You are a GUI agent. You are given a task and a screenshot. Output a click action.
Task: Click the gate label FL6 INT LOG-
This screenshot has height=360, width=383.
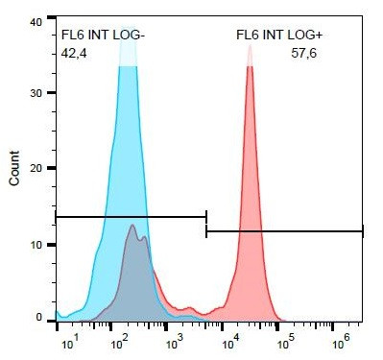pos(103,36)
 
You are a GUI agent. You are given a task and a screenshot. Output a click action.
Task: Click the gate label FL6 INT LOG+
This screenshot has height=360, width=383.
pos(278,36)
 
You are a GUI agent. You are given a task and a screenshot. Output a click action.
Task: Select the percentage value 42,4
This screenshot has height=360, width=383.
pos(74,55)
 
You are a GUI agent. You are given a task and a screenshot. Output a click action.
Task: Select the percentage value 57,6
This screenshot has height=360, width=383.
pos(303,55)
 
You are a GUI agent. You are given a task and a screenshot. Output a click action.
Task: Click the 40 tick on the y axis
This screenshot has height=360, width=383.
pos(36,20)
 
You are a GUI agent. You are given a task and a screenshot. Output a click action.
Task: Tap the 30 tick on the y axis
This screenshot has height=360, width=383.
pos(36,94)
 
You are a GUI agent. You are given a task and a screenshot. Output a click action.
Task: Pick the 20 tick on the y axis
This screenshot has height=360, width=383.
pos(36,168)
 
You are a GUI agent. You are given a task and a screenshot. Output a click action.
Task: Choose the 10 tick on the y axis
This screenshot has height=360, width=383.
pos(36,244)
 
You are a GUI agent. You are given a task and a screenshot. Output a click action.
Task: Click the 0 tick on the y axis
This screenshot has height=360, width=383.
pos(39,317)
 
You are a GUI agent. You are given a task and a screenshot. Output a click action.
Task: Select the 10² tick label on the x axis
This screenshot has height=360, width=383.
pos(120,341)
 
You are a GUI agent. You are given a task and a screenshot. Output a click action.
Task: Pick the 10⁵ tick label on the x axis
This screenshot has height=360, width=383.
pos(285,341)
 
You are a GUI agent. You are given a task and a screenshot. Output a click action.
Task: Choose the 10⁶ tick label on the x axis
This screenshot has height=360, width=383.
pos(340,341)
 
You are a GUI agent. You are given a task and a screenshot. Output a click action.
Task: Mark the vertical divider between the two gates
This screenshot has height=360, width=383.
pos(206,224)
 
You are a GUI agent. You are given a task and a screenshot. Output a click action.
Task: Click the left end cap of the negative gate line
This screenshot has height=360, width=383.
pos(57,217)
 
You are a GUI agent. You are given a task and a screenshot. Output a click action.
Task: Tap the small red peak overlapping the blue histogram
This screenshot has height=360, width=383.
pos(132,227)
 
